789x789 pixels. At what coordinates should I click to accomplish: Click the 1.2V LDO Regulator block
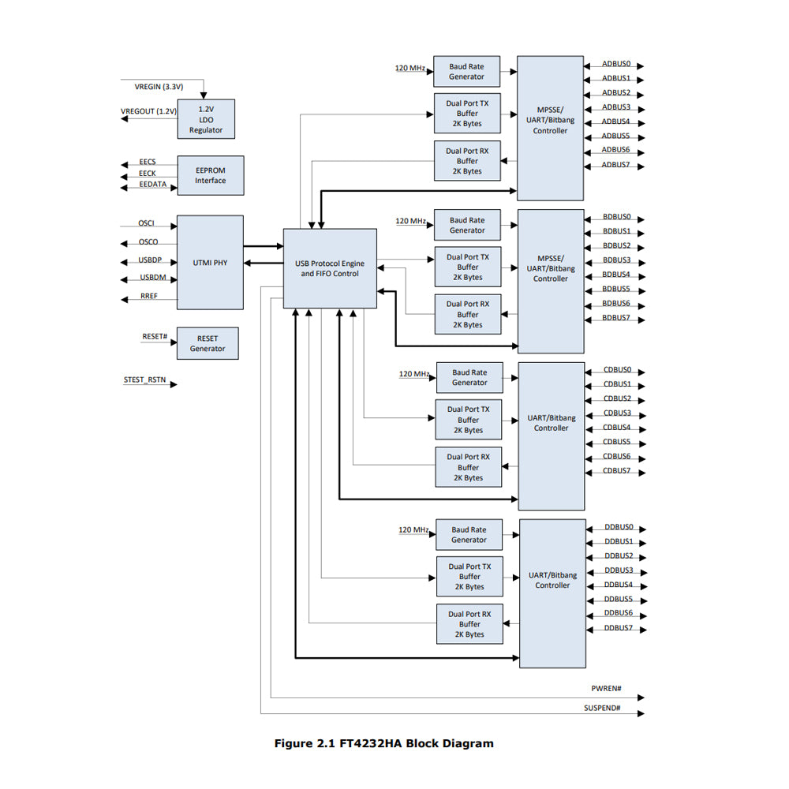click(206, 119)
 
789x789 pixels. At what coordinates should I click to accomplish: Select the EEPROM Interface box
click(210, 175)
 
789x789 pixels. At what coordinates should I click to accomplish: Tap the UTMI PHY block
click(210, 262)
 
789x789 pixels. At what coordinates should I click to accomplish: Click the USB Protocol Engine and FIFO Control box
click(330, 268)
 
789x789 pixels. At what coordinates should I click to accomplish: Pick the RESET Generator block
click(207, 343)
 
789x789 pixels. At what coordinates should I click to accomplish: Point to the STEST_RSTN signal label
click(144, 380)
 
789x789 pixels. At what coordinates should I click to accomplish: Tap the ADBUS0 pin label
click(615, 63)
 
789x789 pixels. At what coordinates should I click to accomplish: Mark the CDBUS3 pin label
click(617, 413)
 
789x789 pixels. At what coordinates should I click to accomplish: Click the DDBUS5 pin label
click(618, 599)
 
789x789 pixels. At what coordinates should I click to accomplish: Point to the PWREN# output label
click(606, 689)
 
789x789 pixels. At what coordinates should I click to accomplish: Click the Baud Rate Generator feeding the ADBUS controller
click(467, 72)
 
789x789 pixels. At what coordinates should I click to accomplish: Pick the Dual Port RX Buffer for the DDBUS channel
click(469, 624)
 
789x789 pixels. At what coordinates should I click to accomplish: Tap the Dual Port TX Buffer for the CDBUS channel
click(469, 420)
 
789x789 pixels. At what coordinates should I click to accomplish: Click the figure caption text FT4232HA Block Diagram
click(383, 743)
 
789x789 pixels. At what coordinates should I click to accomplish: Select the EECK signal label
click(148, 174)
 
